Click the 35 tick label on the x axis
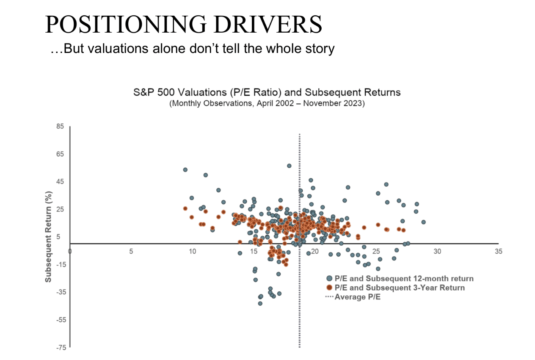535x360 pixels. (x=498, y=252)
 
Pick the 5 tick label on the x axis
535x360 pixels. (x=131, y=252)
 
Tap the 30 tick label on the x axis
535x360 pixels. (x=437, y=252)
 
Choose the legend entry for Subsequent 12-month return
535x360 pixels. (x=400, y=279)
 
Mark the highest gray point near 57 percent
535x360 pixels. (x=289, y=166)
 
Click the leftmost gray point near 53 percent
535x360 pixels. (x=185, y=170)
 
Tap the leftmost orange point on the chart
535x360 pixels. (x=185, y=208)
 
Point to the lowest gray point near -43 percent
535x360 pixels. (x=260, y=303)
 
